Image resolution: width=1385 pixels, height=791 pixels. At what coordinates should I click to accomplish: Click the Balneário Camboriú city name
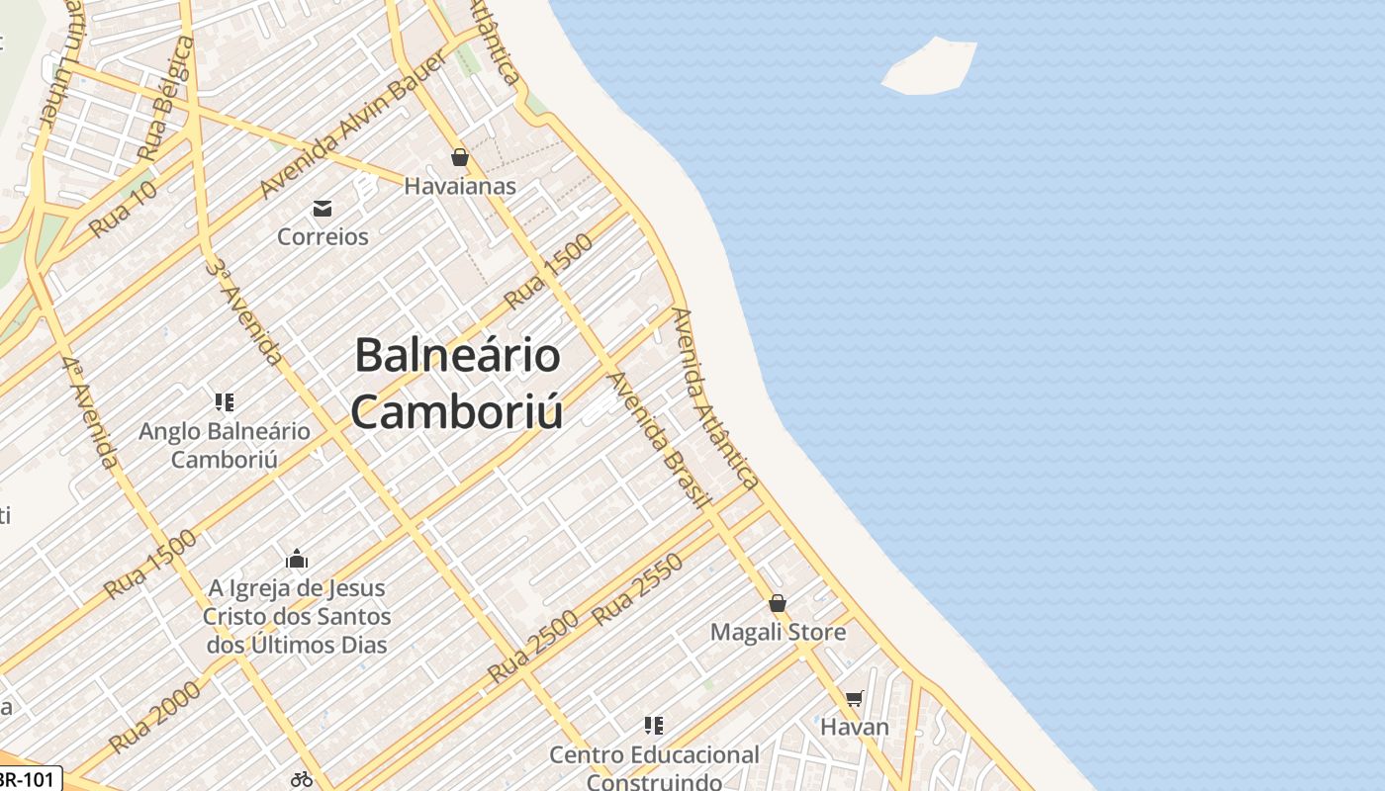point(457,383)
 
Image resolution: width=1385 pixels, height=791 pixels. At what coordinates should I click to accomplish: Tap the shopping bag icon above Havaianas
point(459,157)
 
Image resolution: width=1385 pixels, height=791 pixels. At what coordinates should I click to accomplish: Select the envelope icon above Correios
point(323,209)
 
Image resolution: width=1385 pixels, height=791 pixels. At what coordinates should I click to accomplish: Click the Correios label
point(323,236)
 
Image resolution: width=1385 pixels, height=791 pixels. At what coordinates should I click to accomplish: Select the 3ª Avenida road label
point(244,310)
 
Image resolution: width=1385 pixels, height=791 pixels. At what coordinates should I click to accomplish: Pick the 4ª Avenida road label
point(91,411)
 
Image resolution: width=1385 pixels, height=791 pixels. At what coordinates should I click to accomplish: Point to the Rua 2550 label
point(637,589)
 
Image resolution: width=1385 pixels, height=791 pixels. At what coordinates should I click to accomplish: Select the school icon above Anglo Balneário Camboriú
point(224,401)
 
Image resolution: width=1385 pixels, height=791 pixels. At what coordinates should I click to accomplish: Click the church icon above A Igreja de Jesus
point(296,560)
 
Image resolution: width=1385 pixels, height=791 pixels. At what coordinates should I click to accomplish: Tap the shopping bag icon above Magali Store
point(778,603)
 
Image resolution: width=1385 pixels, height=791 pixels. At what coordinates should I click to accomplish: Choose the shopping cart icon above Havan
point(854,699)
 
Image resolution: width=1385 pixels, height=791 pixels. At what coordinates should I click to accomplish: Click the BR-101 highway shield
point(27,779)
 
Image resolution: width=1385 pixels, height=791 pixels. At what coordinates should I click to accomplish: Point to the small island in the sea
point(929,67)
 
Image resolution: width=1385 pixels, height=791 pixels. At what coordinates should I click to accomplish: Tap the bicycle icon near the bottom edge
point(302,779)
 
